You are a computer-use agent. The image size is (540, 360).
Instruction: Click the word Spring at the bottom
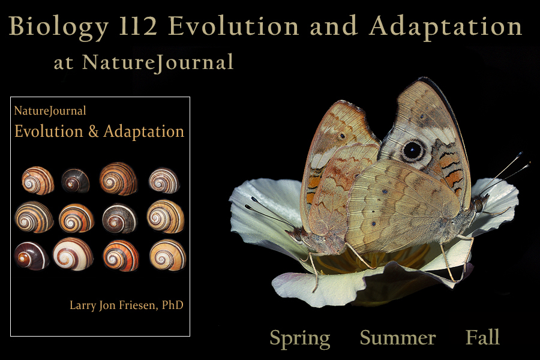(x=299, y=338)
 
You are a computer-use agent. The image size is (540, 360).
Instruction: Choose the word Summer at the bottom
(x=398, y=338)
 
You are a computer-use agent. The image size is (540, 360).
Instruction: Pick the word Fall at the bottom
(x=482, y=338)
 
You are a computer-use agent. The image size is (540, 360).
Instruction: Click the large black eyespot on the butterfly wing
(x=413, y=150)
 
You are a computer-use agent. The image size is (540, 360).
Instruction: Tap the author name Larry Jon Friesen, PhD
(x=127, y=305)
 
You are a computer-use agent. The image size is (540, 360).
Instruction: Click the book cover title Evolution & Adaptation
(x=99, y=131)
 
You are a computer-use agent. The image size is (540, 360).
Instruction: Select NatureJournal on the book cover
(x=50, y=110)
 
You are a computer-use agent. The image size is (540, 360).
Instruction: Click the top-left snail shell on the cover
(x=38, y=180)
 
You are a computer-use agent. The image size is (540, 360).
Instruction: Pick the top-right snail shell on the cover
(x=164, y=180)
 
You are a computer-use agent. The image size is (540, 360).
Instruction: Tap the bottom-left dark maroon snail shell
(x=31, y=256)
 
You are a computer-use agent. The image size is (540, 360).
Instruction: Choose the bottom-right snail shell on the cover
(x=167, y=255)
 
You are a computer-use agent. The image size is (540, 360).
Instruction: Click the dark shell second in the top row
(x=76, y=180)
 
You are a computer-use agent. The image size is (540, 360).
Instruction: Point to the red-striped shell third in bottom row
(x=121, y=256)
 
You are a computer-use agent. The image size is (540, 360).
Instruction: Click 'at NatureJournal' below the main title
(x=143, y=62)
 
